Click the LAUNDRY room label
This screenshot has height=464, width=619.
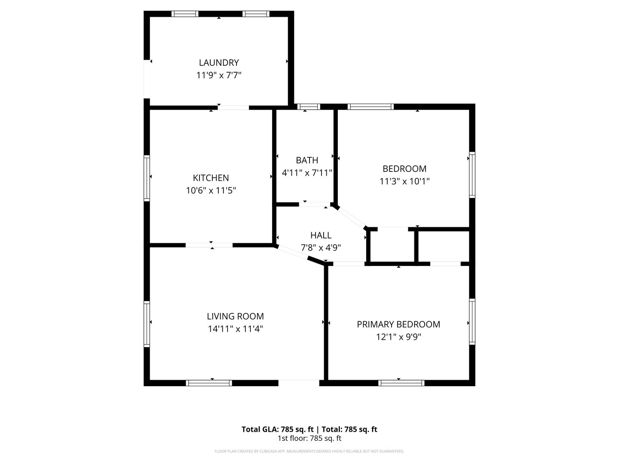(218, 63)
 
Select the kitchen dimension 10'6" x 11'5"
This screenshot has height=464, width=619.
(211, 190)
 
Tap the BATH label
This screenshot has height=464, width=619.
(307, 160)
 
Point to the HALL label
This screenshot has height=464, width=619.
(321, 235)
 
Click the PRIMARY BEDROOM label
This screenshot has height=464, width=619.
(398, 324)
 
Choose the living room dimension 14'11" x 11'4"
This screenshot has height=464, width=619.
(235, 329)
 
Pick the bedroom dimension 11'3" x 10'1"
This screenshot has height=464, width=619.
(404, 181)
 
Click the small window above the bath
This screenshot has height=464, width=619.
(309, 107)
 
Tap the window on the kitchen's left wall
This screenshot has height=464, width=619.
(147, 178)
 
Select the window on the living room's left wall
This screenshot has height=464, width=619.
(147, 324)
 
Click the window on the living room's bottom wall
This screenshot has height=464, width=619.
(209, 383)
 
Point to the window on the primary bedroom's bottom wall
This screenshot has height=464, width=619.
(401, 383)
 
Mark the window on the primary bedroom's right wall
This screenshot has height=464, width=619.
(472, 321)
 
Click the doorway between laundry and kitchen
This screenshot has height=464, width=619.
(233, 107)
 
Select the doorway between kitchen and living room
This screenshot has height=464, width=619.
(209, 245)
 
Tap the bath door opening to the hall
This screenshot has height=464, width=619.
(314, 205)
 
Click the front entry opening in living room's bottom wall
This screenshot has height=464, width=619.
(299, 383)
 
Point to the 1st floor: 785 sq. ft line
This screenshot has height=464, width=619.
(309, 439)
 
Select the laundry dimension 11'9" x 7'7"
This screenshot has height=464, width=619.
(218, 76)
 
